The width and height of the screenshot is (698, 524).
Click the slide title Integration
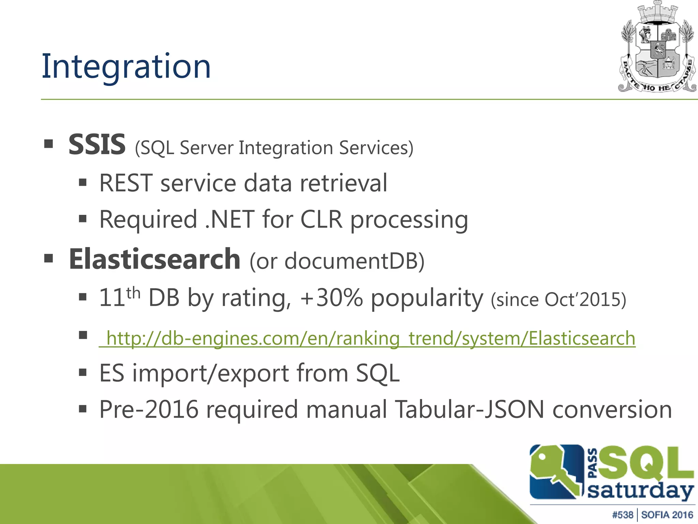[126, 67]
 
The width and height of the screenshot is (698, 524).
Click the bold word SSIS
[97, 145]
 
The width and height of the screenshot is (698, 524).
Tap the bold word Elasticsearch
[154, 259]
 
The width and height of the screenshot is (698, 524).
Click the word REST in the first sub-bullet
[125, 183]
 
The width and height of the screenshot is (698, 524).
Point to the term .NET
[230, 219]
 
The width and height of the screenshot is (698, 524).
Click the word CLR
[321, 219]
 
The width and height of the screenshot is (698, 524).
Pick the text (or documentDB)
[337, 262]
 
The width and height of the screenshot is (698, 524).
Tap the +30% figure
[331, 298]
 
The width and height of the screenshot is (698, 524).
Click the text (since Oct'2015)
[558, 300]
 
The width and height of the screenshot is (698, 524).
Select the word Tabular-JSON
[469, 409]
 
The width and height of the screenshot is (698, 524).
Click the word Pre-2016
[149, 409]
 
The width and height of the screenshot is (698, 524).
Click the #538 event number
[622, 515]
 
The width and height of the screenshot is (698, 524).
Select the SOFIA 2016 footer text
[667, 515]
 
